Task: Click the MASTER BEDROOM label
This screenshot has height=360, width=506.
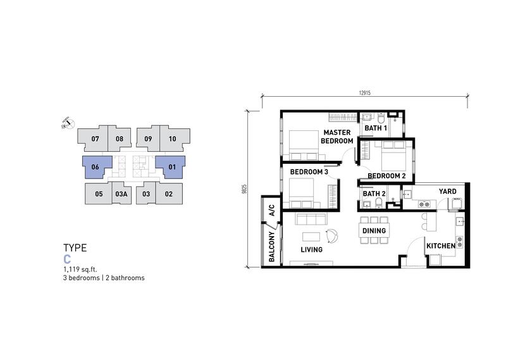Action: tap(337, 137)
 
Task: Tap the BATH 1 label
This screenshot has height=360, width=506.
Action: tap(376, 128)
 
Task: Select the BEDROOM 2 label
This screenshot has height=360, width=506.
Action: tap(386, 176)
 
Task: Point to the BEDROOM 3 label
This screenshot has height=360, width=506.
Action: tap(309, 171)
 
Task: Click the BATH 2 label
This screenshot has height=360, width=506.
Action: tap(374, 194)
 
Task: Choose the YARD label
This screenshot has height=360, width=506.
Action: tap(448, 192)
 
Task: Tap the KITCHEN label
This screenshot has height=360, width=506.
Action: tap(441, 246)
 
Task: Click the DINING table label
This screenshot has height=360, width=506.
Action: tap(374, 230)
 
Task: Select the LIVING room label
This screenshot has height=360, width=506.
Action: tap(311, 249)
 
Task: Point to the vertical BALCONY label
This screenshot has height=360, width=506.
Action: tap(272, 246)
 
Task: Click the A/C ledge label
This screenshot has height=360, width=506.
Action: tap(272, 210)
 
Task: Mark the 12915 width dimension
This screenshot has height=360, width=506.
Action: tap(365, 93)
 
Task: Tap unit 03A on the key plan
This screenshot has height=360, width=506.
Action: tap(121, 194)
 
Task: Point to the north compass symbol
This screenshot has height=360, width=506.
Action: tap(68, 123)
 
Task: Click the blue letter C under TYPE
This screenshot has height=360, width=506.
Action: tap(67, 259)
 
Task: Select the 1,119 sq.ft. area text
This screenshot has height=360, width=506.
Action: tap(80, 270)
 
